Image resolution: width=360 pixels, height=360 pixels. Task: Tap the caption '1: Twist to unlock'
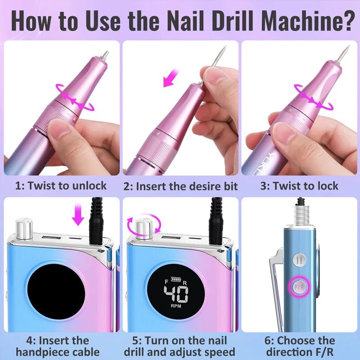coord(62,185)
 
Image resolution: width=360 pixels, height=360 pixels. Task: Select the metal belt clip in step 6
coord(274,288)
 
